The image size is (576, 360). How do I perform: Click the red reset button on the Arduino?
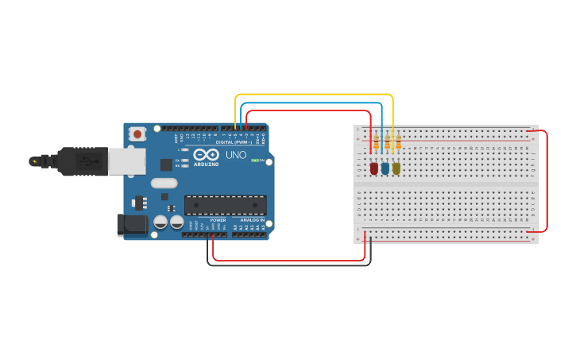pos(137,134)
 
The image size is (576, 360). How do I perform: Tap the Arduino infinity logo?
pos(204,155)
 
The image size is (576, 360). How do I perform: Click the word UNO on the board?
pos(236,155)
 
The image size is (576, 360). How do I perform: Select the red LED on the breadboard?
pos(374,168)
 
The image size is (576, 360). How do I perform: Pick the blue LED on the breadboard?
pos(385,168)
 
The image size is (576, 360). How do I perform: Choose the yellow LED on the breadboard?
pos(396,168)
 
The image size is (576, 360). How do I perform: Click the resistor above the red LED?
pos(376,143)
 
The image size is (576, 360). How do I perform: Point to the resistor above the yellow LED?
pos(397,143)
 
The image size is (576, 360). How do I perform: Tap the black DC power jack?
pos(132,224)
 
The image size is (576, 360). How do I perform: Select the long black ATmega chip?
pos(225,205)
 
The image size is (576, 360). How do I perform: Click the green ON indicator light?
pos(253,161)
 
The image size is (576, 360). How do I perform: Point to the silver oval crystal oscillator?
pos(164,183)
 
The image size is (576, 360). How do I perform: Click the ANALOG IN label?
pos(253,219)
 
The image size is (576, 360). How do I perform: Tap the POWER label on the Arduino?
pos(218,219)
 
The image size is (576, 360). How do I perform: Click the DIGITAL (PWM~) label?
pos(234,142)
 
